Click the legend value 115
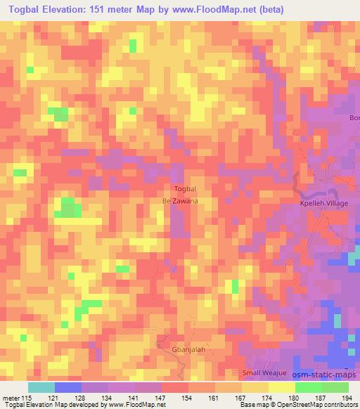[26, 396]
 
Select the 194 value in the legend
[347, 396]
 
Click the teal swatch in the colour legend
[41, 387]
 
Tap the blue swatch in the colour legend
[68, 387]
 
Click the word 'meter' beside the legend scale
[11, 396]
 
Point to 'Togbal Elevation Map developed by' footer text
[49, 405]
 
